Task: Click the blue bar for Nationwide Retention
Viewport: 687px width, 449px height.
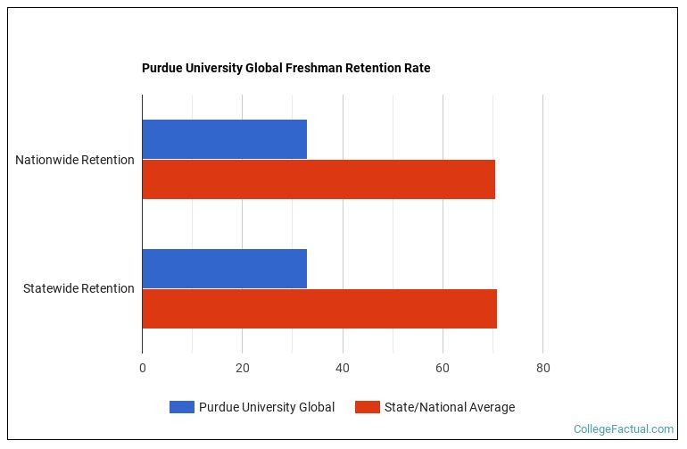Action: tap(224, 139)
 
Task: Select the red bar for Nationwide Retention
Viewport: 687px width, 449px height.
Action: tap(319, 179)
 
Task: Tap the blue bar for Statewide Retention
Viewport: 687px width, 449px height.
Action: tap(224, 269)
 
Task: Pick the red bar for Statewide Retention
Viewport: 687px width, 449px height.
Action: tap(319, 309)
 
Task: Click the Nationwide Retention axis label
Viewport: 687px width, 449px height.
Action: tap(75, 160)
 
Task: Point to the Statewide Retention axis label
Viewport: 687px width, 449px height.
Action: tap(79, 288)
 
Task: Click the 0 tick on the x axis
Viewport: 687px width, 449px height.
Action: tap(142, 368)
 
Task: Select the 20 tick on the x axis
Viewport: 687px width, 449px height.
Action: tap(242, 368)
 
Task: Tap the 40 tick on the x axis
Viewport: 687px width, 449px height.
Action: tap(343, 368)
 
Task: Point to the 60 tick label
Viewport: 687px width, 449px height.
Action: tap(443, 368)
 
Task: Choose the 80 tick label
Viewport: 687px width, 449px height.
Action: tap(542, 368)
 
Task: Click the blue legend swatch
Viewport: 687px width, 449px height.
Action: tap(181, 407)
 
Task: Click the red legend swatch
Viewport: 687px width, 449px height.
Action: tap(367, 407)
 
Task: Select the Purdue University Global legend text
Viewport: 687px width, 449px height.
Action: tap(267, 407)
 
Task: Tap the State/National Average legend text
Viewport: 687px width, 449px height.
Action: tap(449, 407)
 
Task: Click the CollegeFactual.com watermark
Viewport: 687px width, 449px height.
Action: tap(624, 429)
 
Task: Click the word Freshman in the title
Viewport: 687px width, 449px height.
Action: tap(311, 68)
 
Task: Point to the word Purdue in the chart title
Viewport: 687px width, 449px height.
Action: tap(162, 68)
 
